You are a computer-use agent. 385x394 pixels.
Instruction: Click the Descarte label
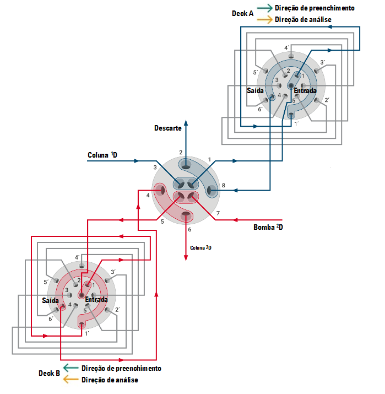point(168,128)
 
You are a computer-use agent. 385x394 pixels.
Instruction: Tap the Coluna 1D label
point(102,155)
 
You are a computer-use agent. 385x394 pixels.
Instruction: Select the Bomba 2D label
point(268,227)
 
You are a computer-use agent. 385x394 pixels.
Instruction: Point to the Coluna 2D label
point(200,248)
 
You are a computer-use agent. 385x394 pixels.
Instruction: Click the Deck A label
point(242,14)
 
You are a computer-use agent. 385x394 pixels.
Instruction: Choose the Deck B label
point(49,373)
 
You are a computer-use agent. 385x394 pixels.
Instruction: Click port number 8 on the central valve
point(223,186)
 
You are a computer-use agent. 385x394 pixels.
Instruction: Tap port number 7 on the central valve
point(218,213)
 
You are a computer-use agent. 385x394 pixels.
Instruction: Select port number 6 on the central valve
point(189,229)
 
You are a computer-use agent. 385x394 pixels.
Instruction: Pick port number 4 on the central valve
point(148,195)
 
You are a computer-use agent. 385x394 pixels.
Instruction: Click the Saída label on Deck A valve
point(255,90)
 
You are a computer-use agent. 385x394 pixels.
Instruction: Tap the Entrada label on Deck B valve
point(96,300)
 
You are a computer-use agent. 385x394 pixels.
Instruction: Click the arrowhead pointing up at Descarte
point(186,123)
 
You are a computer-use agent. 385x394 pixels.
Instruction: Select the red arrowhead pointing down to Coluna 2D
point(186,258)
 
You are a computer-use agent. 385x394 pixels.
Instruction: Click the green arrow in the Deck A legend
point(265,8)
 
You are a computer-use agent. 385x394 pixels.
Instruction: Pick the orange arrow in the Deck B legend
point(71,380)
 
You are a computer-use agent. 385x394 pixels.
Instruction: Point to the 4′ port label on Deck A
point(286,48)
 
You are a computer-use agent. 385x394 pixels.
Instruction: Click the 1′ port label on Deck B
point(87,334)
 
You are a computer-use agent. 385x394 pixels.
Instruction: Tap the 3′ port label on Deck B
point(113,272)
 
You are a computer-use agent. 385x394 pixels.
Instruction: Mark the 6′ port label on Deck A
point(261,109)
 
